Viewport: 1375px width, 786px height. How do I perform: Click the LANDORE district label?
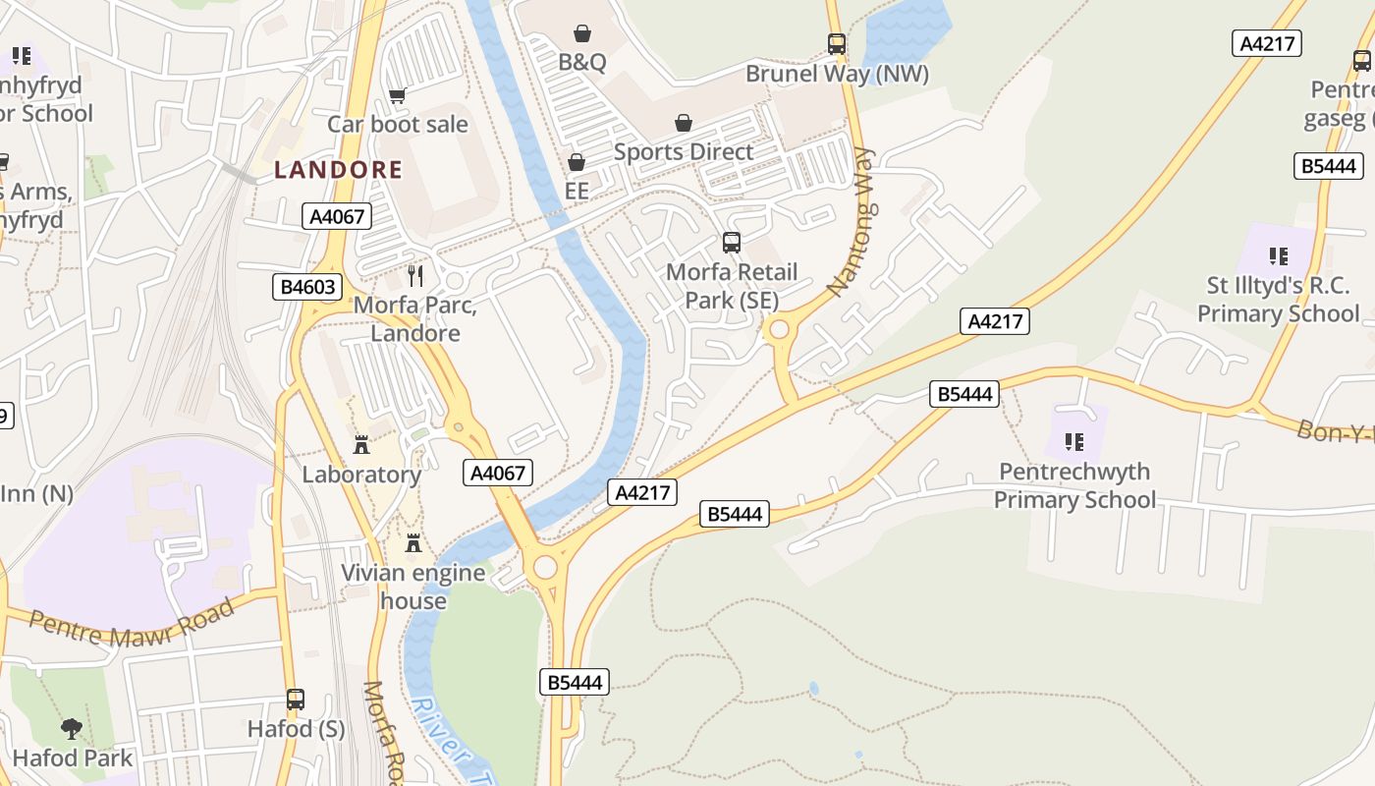coord(338,170)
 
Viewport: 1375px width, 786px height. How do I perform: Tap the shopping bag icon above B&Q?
coord(582,34)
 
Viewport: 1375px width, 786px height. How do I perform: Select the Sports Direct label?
coord(684,152)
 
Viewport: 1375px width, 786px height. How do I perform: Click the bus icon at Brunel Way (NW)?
coord(837,44)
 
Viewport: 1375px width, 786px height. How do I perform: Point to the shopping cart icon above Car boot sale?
coord(398,95)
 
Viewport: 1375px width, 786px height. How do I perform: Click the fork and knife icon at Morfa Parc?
coord(415,276)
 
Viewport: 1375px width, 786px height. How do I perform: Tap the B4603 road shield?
coord(307,288)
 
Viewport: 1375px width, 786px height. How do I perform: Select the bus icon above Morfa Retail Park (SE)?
coord(731,243)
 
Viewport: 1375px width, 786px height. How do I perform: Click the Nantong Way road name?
coord(851,222)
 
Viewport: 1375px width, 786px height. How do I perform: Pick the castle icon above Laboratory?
coord(361,445)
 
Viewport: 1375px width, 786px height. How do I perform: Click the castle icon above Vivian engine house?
coord(413,543)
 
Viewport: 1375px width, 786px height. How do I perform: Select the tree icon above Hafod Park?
coord(72,728)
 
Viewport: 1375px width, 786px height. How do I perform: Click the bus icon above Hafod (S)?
coord(296,700)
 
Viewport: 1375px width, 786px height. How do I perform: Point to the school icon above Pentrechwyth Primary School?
coord(1073,442)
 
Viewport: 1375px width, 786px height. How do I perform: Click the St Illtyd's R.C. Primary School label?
coord(1278,300)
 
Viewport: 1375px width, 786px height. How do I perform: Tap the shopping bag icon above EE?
coord(577,162)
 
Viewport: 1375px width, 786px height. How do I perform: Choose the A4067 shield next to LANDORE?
coord(337,217)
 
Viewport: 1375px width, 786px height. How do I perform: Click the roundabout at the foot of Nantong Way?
coord(780,330)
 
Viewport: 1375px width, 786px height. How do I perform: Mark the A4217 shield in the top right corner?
coord(1267,43)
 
